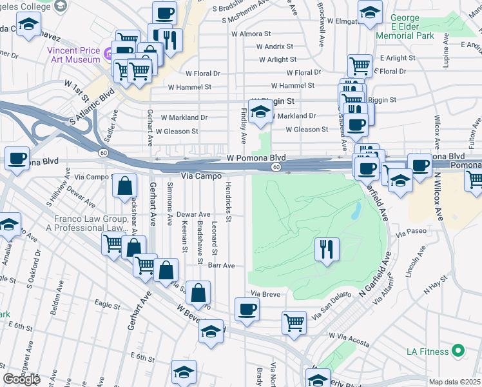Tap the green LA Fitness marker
pos(458,352)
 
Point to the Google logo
pos(21,379)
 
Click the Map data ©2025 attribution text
pos(454,382)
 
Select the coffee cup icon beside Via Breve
pos(247,309)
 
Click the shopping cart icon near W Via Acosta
pos(294,321)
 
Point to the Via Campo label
pos(202,175)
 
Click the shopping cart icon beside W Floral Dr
pos(360,65)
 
